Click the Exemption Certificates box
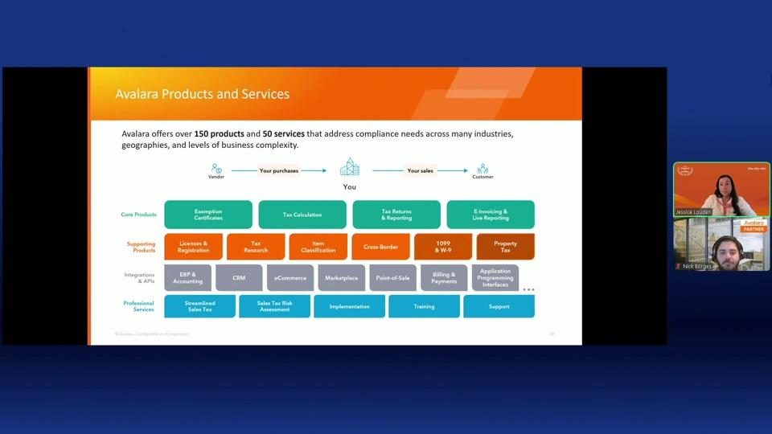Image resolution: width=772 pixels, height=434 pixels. pos(208,215)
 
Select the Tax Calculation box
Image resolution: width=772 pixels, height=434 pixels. pos(302,215)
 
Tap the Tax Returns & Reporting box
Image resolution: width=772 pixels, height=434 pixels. pos(396,215)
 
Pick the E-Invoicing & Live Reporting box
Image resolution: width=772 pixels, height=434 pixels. pos(491,215)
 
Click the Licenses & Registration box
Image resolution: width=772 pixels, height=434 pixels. pos(193,247)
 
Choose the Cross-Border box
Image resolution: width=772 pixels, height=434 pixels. pos(381,247)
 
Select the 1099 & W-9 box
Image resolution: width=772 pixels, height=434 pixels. pos(443,247)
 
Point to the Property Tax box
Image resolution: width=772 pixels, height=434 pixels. pos(505,247)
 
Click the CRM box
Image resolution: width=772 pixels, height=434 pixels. pos(239,278)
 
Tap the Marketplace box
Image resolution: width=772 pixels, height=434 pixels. pos(341,278)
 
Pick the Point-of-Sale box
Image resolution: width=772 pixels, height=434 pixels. pos(392,278)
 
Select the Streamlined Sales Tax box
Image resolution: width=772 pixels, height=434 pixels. pos(200,306)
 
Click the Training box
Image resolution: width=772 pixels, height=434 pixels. pos(424,306)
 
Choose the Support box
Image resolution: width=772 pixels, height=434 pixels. pos(499,306)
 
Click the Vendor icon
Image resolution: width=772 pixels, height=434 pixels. pos(216,169)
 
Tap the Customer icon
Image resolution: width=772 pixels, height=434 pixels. pos(482,169)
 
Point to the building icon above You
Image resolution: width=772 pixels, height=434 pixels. pos(349,167)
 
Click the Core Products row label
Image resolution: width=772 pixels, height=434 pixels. pos(139,215)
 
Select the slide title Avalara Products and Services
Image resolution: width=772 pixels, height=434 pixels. pos(202,94)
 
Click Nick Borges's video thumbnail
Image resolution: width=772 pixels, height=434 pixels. pos(721,244)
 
